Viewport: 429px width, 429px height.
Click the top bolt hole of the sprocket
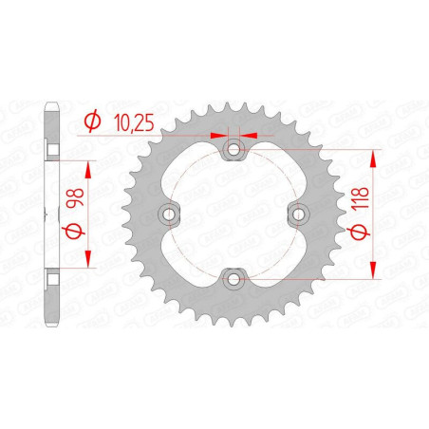233,149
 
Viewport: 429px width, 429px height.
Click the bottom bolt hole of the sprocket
233,279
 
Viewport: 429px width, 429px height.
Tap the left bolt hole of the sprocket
169,214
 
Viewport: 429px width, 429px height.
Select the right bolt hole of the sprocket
299,214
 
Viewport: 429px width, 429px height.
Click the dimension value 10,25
134,122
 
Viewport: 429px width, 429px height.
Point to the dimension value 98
75,197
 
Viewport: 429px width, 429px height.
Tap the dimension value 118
360,197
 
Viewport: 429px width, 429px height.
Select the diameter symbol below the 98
75,231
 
